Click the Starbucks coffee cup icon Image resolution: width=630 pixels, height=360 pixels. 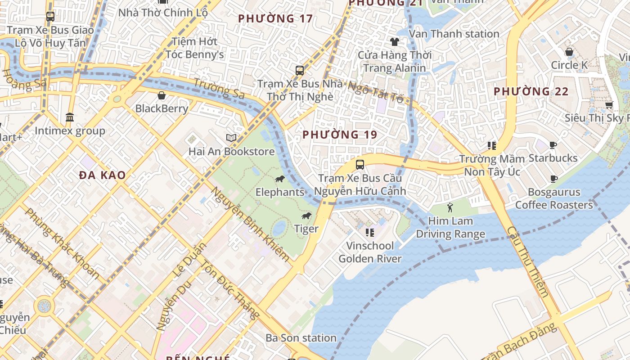553,145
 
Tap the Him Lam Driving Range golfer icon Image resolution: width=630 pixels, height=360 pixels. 450,207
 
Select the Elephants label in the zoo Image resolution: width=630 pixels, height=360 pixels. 280,192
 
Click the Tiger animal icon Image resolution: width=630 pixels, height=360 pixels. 306,216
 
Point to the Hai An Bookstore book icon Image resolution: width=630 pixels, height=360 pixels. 231,138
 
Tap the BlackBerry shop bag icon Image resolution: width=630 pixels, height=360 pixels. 162,95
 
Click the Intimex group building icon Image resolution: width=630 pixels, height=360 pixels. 70,117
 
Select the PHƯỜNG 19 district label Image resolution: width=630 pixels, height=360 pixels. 339,135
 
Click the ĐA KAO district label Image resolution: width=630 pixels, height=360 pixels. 103,175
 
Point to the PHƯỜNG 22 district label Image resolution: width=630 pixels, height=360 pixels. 531,91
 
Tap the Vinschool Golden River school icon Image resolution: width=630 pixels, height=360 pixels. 369,233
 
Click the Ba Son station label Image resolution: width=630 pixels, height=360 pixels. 301,338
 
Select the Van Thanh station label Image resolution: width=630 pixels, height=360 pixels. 454,34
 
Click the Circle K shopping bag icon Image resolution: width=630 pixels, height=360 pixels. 569,52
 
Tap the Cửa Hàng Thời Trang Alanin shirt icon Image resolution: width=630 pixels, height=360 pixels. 394,42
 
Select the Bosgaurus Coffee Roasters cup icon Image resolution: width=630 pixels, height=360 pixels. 554,179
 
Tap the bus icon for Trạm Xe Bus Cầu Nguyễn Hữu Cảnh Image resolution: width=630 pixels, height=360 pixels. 360,164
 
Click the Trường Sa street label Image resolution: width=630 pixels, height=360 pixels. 219,89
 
